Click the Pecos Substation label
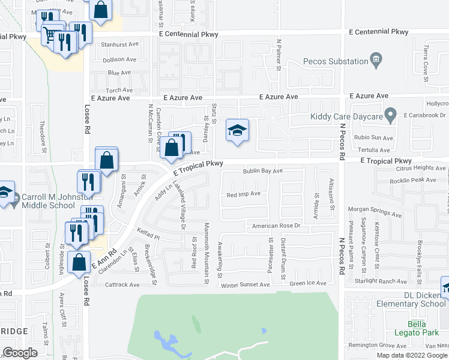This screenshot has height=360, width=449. click(x=336, y=61)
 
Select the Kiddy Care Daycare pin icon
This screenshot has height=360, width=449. click(x=390, y=113)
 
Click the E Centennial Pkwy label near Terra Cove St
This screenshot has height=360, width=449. click(x=378, y=31)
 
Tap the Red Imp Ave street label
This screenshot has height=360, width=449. click(x=243, y=194)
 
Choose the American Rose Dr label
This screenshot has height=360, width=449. click(x=276, y=226)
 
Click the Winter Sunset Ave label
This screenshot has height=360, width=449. click(x=244, y=284)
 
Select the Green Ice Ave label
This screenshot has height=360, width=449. click(x=307, y=283)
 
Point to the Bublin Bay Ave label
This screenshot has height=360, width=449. click(x=262, y=171)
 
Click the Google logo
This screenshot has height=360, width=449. click(x=20, y=353)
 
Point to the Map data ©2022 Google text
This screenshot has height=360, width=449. click(x=412, y=355)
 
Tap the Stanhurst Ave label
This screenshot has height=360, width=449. click(x=120, y=44)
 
